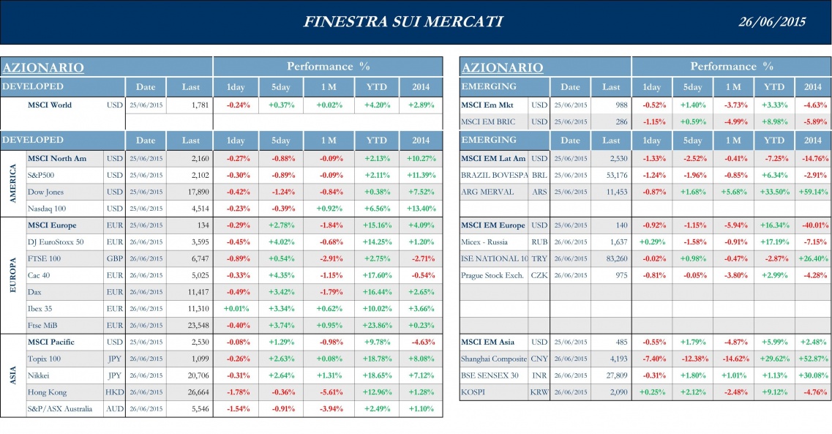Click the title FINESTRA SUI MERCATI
point(403,21)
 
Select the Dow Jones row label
point(45,192)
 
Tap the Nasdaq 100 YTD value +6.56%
point(376,209)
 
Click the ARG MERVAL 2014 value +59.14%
point(812,192)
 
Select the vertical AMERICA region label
point(12,184)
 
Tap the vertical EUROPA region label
point(12,274)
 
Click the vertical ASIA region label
point(12,375)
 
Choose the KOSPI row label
point(474,392)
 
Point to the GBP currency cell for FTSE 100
point(115,258)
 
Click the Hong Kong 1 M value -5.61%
point(329,392)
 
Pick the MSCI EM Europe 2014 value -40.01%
point(812,225)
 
